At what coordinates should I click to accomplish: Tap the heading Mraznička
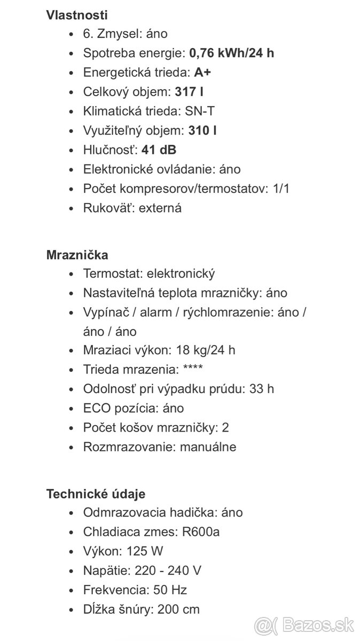point(77,255)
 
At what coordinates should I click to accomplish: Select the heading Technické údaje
point(96,494)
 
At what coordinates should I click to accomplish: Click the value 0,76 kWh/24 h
point(232,53)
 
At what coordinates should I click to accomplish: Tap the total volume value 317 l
point(189,92)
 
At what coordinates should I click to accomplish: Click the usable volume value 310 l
point(202,130)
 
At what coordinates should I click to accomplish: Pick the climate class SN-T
point(200,111)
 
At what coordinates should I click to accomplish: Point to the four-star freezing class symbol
point(193,370)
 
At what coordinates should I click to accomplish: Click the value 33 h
point(262,389)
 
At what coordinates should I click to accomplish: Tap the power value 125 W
point(145,551)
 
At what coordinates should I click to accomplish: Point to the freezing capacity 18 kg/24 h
point(204,350)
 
